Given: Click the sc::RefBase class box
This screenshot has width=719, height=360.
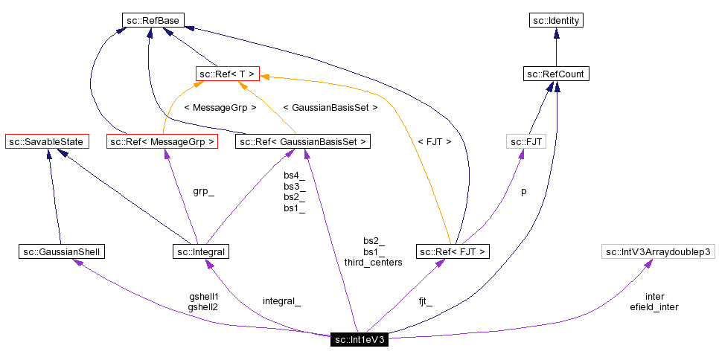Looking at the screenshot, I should click(153, 21).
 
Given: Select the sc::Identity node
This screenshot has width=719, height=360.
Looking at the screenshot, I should click(555, 21).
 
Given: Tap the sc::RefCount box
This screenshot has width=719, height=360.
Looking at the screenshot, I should click(555, 74).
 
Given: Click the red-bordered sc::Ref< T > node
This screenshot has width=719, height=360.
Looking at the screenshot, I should click(227, 74).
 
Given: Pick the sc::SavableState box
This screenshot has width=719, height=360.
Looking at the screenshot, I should click(47, 141).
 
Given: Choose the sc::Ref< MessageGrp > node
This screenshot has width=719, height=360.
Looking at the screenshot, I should click(162, 141).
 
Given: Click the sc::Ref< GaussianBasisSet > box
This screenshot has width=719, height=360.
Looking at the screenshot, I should click(302, 141).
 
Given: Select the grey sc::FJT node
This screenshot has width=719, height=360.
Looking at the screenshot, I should click(525, 141).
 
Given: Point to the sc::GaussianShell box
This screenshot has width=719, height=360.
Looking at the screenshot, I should click(61, 252).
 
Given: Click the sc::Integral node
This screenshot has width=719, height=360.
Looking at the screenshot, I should click(201, 252).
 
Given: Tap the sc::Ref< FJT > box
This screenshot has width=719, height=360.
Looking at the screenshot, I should click(453, 252).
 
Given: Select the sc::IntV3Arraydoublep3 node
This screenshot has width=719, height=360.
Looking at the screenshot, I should click(658, 252).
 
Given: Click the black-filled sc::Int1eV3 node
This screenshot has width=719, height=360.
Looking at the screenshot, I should click(359, 340).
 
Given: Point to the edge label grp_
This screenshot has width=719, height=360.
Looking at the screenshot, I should click(203, 191).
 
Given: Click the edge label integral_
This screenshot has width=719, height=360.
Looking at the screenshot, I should click(281, 301).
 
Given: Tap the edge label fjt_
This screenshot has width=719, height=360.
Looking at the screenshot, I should click(425, 301).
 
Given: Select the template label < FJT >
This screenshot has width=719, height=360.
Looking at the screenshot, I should click(434, 141).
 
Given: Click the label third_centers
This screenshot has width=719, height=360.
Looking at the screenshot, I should click(373, 263).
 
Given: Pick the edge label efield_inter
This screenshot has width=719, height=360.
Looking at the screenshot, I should click(654, 306).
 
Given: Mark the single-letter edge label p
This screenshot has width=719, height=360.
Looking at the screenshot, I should click(523, 191).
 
